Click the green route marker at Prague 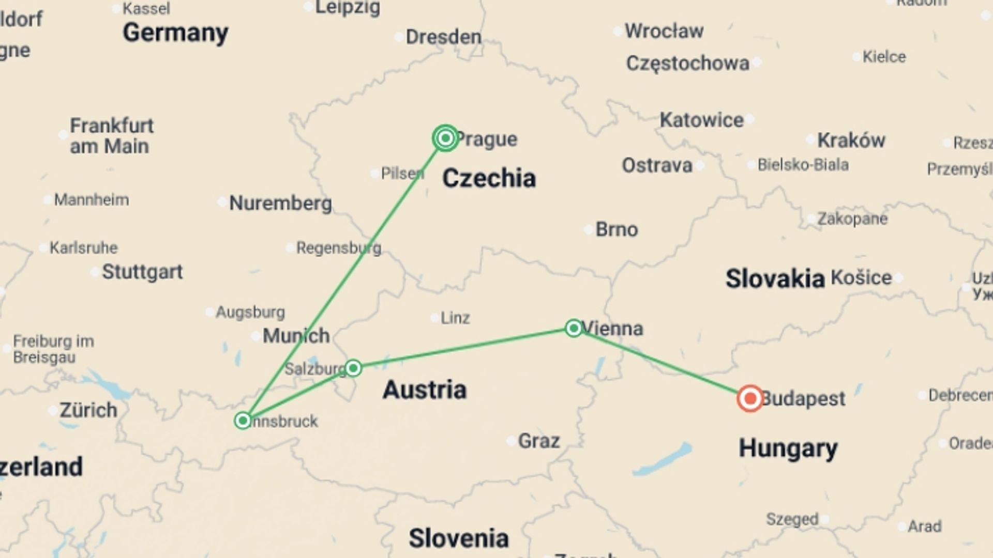click(x=445, y=138)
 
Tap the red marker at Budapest click(x=750, y=398)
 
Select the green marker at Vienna click(x=574, y=328)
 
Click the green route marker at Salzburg click(x=353, y=368)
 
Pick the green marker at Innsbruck click(x=243, y=421)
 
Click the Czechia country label click(x=489, y=178)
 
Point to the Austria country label click(x=424, y=390)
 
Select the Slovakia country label click(x=774, y=279)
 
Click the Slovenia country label click(x=458, y=538)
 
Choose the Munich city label click(x=296, y=336)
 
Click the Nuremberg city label click(x=280, y=203)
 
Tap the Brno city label click(x=616, y=229)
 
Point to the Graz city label click(x=538, y=441)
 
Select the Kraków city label click(x=851, y=140)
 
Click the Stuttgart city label click(x=142, y=272)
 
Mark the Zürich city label click(x=88, y=410)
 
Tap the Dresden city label click(x=443, y=37)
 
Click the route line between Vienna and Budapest click(x=662, y=363)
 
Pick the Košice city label click(x=861, y=278)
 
